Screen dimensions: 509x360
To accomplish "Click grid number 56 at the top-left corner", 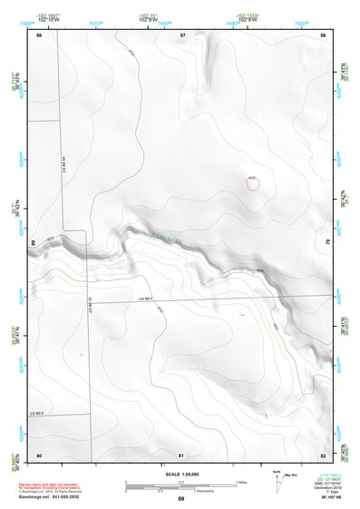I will [x=39, y=35].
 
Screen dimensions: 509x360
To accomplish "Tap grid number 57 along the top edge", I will [x=182, y=35].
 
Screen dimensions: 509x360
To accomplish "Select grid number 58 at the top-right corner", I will [x=323, y=35].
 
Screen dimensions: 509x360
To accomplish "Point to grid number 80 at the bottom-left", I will [x=39, y=455].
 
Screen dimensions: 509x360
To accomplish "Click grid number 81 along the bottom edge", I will [x=181, y=455].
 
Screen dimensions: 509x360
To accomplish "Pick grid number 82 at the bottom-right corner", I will [x=323, y=455].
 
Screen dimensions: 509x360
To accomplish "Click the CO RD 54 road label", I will [x=66, y=163].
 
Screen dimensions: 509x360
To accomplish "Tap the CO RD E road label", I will [x=36, y=413].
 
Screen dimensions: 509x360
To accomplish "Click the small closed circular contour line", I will [x=252, y=182].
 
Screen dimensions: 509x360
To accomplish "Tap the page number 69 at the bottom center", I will [x=180, y=499].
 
